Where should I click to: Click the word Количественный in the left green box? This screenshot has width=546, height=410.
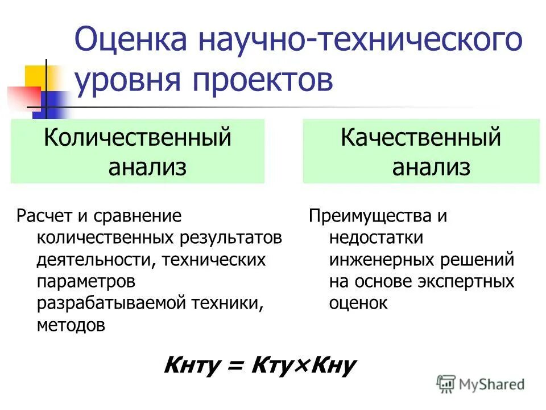[x=138, y=138]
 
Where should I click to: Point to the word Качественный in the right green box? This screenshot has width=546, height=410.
[x=421, y=138]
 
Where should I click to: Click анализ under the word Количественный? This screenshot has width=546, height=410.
[x=147, y=167]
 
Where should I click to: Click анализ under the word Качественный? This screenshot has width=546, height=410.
[x=431, y=167]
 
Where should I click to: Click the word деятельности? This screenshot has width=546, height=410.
[x=97, y=260]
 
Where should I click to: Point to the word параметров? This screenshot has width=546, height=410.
[x=86, y=282]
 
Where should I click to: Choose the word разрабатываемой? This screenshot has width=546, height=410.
[x=111, y=304]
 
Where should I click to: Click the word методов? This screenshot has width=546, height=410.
[x=71, y=325]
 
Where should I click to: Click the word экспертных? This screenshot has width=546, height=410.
[x=467, y=282]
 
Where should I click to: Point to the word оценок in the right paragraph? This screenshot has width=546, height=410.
[x=358, y=304]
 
